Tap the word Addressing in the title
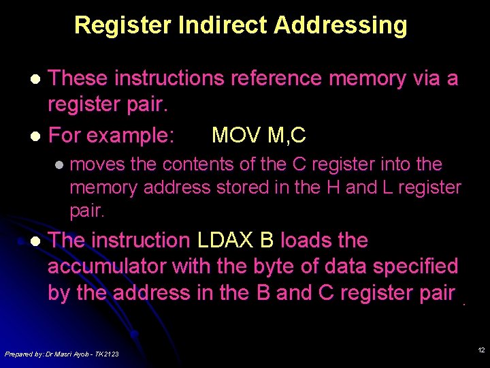340,25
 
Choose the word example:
130,135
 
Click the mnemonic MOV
236,135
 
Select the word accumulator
108,266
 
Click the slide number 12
481,350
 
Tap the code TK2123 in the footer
105,354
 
